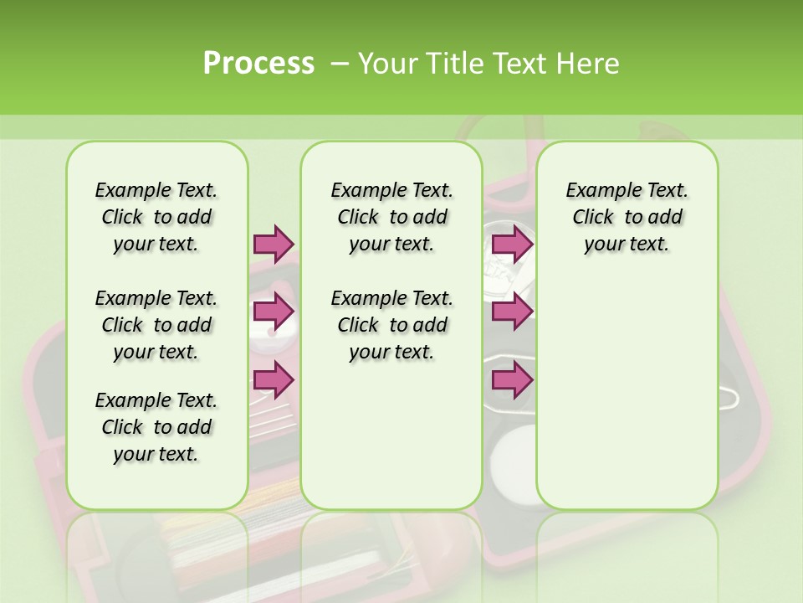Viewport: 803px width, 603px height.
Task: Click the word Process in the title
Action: click(258, 64)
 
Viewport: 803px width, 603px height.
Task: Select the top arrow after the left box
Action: click(274, 244)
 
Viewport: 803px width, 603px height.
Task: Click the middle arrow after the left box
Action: click(274, 312)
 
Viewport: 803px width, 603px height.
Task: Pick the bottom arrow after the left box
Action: click(274, 380)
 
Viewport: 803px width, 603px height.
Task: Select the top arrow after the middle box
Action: click(512, 244)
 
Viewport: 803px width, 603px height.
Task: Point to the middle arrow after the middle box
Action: click(512, 312)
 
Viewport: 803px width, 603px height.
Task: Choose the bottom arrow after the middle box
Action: click(512, 380)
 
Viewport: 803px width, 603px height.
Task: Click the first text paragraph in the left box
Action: click(156, 217)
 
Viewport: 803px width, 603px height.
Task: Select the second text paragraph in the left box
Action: click(156, 325)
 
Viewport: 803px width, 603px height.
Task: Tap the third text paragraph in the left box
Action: click(156, 427)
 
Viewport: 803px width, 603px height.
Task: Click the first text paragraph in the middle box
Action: click(392, 217)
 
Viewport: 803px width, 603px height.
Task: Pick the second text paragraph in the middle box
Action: click(392, 325)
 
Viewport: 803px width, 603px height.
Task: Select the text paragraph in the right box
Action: click(627, 217)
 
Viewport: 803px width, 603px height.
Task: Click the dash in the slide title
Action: click(340, 64)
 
